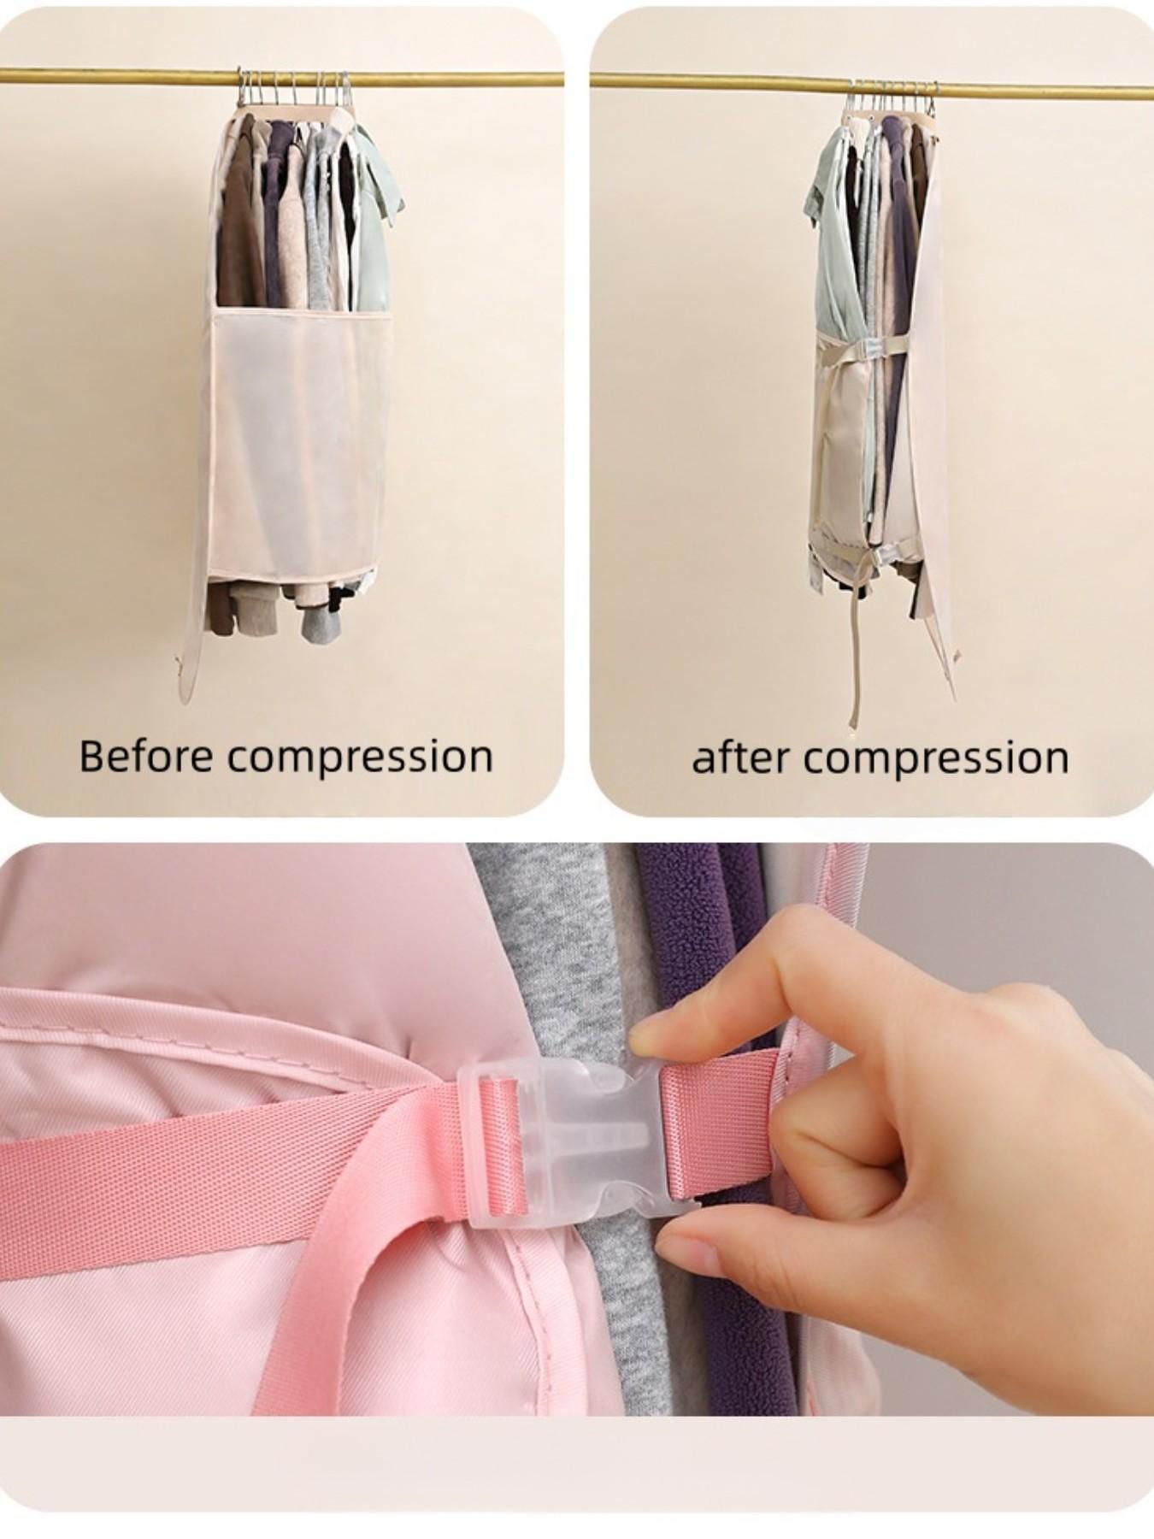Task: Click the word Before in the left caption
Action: coord(144,756)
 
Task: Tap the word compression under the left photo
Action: coord(360,758)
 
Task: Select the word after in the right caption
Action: coord(740,758)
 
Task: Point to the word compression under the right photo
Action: coord(937,759)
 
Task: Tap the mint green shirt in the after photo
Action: coord(829,239)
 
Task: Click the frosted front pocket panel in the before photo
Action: coord(299,436)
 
